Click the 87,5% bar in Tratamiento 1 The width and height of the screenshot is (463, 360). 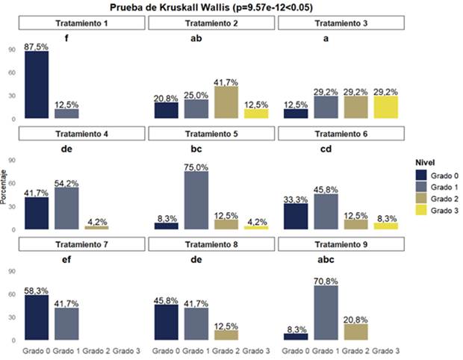(37, 85)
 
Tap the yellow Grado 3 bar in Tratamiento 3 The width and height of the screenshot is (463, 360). (385, 108)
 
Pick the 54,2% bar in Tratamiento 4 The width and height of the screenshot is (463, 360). (66, 208)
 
